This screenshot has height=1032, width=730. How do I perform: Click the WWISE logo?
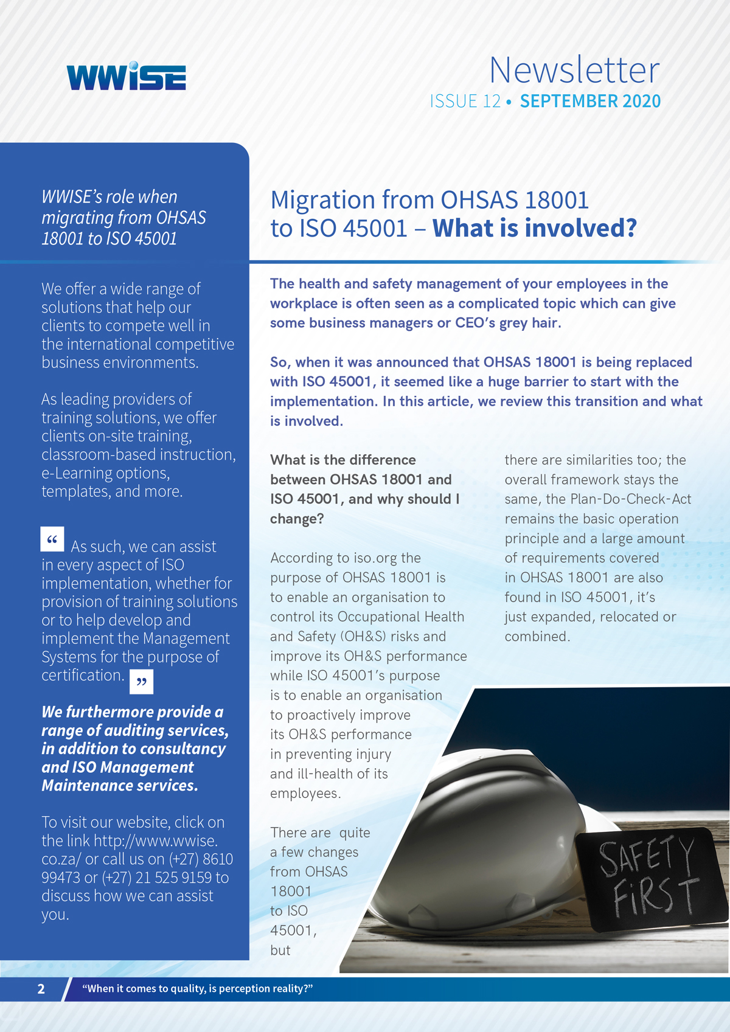click(127, 77)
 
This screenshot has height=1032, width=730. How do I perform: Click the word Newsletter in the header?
click(574, 70)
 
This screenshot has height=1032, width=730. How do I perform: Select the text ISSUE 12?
click(465, 101)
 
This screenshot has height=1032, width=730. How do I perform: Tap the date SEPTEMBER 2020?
click(590, 101)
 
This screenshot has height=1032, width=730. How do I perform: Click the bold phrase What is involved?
click(535, 229)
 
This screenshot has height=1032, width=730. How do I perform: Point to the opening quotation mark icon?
click(52, 539)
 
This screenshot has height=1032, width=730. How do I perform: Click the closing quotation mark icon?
click(142, 682)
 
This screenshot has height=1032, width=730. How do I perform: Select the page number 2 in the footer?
click(41, 989)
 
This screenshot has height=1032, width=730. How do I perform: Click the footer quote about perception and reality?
click(198, 989)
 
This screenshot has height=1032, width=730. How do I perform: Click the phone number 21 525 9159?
click(177, 878)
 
